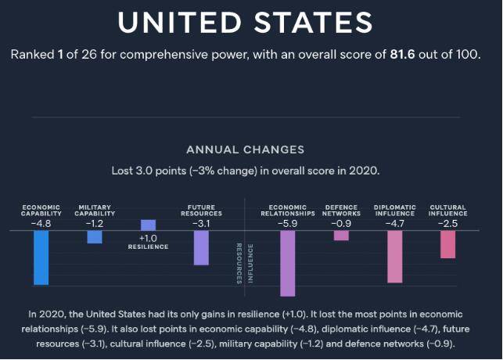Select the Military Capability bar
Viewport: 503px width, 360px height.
click(95, 237)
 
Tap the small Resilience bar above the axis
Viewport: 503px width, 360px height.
click(148, 225)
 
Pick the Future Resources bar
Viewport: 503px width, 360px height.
click(201, 248)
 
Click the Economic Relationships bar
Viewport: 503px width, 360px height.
click(287, 264)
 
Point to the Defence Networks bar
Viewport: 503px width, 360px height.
click(341, 236)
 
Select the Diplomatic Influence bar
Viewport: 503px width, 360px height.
click(394, 257)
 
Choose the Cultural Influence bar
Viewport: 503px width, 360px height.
click(447, 244)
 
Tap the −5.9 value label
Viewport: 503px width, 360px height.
click(287, 222)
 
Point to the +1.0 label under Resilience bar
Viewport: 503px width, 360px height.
click(149, 238)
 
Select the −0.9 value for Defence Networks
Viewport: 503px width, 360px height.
click(341, 222)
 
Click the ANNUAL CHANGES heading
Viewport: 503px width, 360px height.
click(245, 149)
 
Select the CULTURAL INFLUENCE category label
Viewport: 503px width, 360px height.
click(447, 211)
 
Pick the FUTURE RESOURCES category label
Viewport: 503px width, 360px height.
click(201, 211)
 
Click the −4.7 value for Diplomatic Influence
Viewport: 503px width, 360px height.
click(394, 222)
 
